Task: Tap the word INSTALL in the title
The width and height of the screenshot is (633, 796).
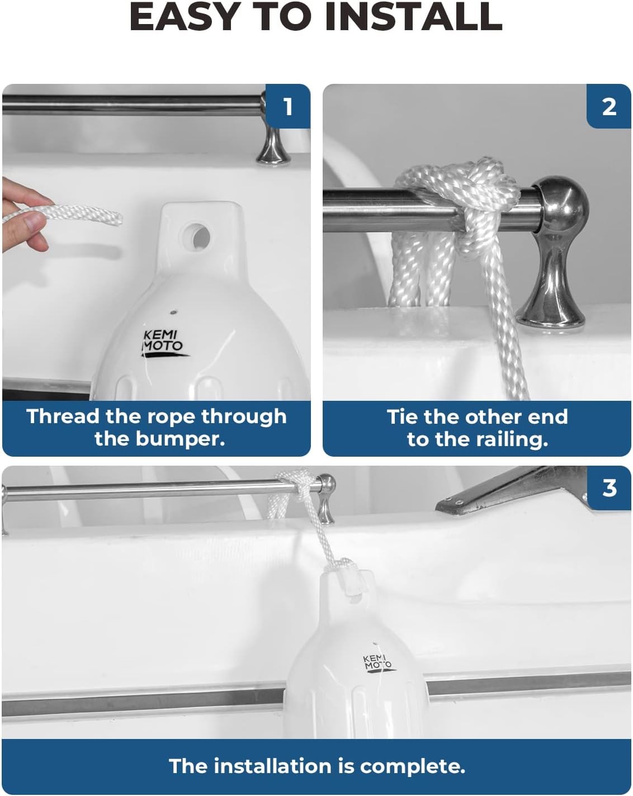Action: [x=414, y=17]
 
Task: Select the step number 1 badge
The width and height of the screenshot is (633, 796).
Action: [x=288, y=107]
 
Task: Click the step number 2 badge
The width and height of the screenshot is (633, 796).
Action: [x=609, y=107]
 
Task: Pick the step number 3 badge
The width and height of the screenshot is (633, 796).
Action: [x=609, y=488]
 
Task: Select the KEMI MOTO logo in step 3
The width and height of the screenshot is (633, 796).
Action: [x=378, y=663]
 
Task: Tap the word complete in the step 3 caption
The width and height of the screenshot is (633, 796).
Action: [x=413, y=766]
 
